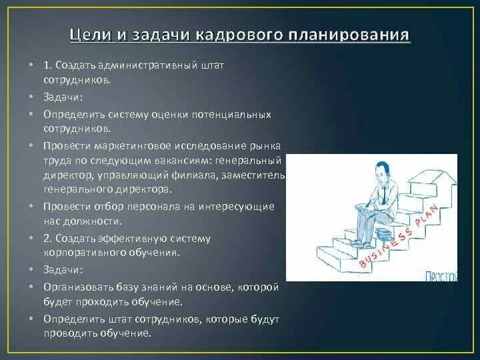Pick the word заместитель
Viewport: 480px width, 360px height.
tap(257, 175)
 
